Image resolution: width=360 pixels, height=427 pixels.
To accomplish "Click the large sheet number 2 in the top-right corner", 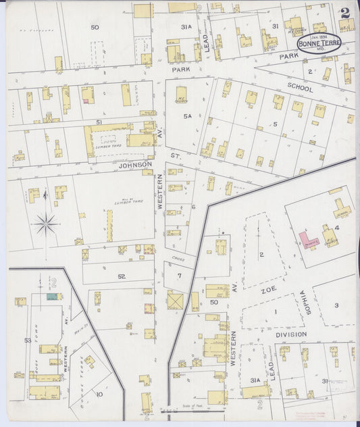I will pyautogui.click(x=346, y=13).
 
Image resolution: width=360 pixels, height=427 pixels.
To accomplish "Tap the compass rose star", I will pyautogui.click(x=45, y=224).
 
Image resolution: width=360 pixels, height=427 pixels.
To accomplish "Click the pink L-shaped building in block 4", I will pyautogui.click(x=308, y=240).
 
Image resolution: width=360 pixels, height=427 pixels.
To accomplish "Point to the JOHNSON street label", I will pyautogui.click(x=135, y=164).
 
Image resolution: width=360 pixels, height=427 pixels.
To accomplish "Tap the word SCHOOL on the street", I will pyautogui.click(x=301, y=86).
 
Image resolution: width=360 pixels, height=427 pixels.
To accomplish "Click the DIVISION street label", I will pyautogui.click(x=290, y=334).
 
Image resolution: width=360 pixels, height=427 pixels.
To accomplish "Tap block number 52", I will pyautogui.click(x=121, y=276).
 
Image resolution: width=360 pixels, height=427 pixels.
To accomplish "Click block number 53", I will pyautogui.click(x=28, y=341).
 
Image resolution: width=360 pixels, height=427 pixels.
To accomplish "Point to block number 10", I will pyautogui.click(x=99, y=394).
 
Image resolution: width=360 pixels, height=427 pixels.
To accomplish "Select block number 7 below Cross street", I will pyautogui.click(x=179, y=276).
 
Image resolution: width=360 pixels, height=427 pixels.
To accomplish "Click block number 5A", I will pyautogui.click(x=188, y=116).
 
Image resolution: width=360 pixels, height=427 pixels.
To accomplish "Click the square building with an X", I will pyautogui.click(x=176, y=299).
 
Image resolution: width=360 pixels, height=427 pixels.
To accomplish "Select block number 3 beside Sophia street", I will pyautogui.click(x=336, y=305).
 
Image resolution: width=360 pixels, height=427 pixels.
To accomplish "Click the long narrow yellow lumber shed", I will pyautogui.click(x=109, y=226).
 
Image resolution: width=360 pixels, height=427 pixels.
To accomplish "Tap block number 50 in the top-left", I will pyautogui.click(x=95, y=27).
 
